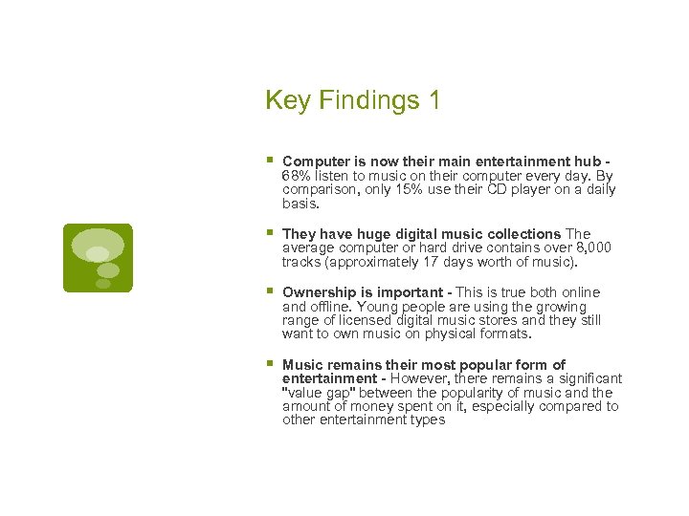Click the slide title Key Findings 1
point(352,100)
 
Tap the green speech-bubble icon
point(98,257)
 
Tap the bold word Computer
point(315,161)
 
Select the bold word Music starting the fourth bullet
point(302,365)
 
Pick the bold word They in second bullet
point(299,234)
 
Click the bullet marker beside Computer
point(270,161)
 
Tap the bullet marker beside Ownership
point(270,292)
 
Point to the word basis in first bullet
point(299,204)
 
